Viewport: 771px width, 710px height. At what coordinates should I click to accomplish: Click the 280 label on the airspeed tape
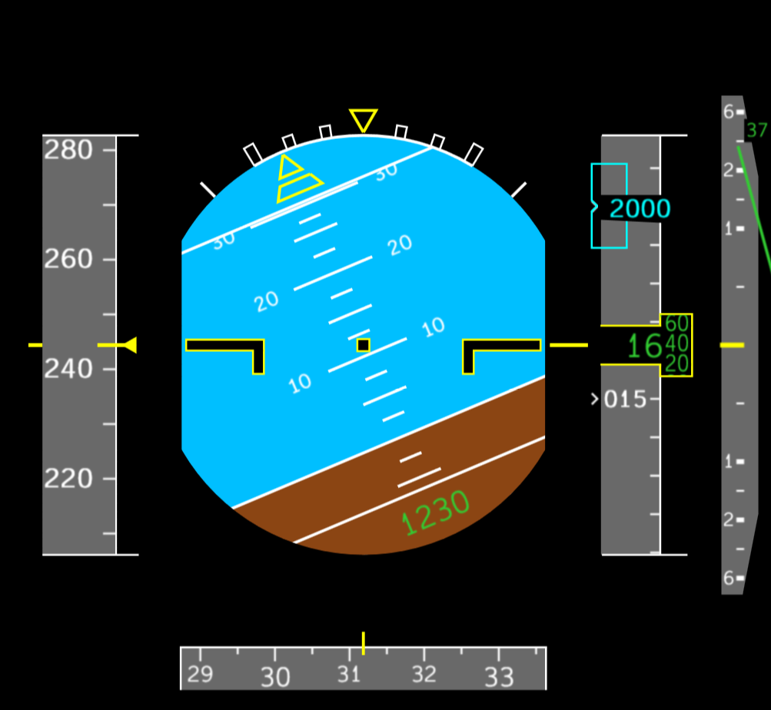coord(68,150)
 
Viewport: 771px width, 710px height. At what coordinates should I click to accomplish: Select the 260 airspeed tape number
coord(68,259)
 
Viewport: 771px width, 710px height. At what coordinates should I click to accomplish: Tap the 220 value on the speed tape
coord(68,479)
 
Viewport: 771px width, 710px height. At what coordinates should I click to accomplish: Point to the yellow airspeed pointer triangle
coord(130,345)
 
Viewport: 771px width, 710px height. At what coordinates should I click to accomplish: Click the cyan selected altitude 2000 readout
coord(640,208)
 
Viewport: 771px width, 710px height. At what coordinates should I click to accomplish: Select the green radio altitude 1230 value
coord(435,513)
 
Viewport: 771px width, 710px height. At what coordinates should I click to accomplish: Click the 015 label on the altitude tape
coord(625,400)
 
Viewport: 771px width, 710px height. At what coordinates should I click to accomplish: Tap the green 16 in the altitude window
coord(645,346)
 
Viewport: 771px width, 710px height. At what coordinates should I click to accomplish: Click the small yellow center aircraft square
coord(364,345)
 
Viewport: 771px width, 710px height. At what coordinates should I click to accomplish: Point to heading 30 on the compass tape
coord(275,677)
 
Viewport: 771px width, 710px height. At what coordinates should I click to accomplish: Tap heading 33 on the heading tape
coord(499,677)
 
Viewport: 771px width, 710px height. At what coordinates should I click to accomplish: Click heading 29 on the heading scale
coord(200,674)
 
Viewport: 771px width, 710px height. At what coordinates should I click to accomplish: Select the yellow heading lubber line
coord(364,643)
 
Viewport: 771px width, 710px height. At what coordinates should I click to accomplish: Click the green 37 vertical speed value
coord(756,131)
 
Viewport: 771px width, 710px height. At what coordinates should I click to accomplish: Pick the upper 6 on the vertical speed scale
coord(728,112)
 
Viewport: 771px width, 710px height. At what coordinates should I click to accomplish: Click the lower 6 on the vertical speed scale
coord(728,579)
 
